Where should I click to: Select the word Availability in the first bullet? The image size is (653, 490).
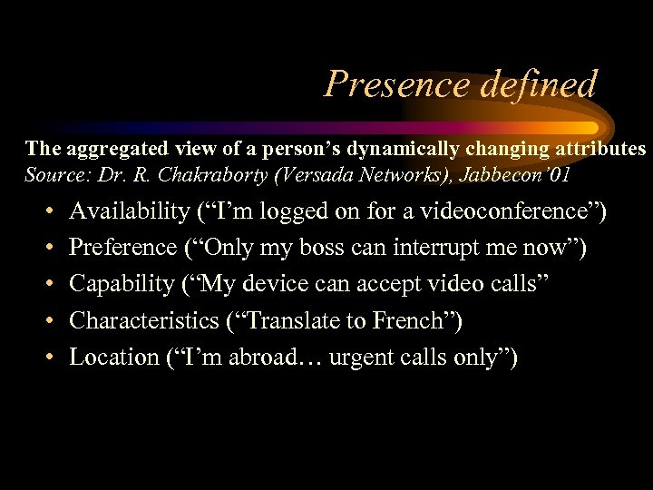pos(129,212)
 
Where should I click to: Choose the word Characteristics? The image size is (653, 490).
pos(145,321)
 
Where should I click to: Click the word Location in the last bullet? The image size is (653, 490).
pos(114,358)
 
